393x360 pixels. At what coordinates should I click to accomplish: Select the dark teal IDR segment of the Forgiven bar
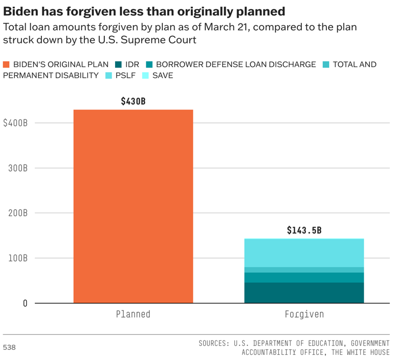pos(304,292)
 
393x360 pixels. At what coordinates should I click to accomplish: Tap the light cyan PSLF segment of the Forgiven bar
pos(304,252)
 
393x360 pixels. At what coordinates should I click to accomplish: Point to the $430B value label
pos(133,101)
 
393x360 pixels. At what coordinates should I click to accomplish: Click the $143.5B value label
pos(304,230)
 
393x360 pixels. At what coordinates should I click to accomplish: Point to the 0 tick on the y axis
pos(24,303)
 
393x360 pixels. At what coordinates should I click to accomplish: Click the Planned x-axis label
pos(133,314)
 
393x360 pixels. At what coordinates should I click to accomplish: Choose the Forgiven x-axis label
pos(304,314)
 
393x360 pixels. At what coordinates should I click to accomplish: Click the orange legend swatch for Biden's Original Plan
pos(7,65)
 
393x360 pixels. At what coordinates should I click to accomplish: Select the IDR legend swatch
pos(119,65)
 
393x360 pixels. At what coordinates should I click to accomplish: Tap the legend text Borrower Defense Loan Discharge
pos(236,65)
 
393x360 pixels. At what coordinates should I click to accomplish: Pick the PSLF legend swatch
pos(108,75)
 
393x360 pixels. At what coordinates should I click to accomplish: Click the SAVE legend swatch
pos(145,75)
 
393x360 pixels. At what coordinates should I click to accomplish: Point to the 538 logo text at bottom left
pos(9,347)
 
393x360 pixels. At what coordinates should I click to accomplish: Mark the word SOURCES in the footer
pos(213,343)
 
